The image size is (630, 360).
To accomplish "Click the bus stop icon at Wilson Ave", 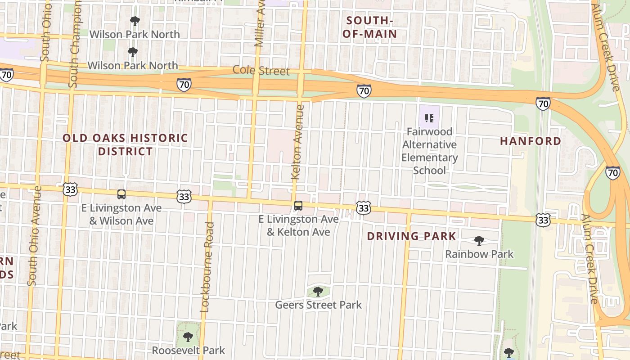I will coord(121,194).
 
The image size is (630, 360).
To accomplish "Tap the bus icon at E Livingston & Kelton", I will coord(298,206).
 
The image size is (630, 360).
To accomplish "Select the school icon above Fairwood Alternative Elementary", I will coord(429,118).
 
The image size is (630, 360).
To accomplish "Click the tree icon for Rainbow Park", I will coord(479,241).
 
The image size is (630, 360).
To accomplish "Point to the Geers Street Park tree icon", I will coord(318,292).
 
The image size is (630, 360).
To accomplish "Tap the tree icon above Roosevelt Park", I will coord(188,337).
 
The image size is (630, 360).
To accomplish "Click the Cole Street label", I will coord(261,71).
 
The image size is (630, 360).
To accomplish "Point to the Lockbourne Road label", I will coord(207,267).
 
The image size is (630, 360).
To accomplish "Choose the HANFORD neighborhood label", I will coord(531,141).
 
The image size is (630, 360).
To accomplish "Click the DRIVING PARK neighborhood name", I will coord(411,236).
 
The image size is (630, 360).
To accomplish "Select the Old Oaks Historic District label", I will coord(125,144).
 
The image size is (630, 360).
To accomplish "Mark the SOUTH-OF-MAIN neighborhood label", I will coord(369,27).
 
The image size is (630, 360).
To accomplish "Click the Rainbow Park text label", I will coord(479,254).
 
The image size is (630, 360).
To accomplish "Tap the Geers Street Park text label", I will coord(318,305).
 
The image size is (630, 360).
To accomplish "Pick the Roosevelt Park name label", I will coord(188,350).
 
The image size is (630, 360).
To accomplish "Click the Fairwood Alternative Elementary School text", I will coord(429,151).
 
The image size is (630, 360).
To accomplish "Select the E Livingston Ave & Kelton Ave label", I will coord(298,225).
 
